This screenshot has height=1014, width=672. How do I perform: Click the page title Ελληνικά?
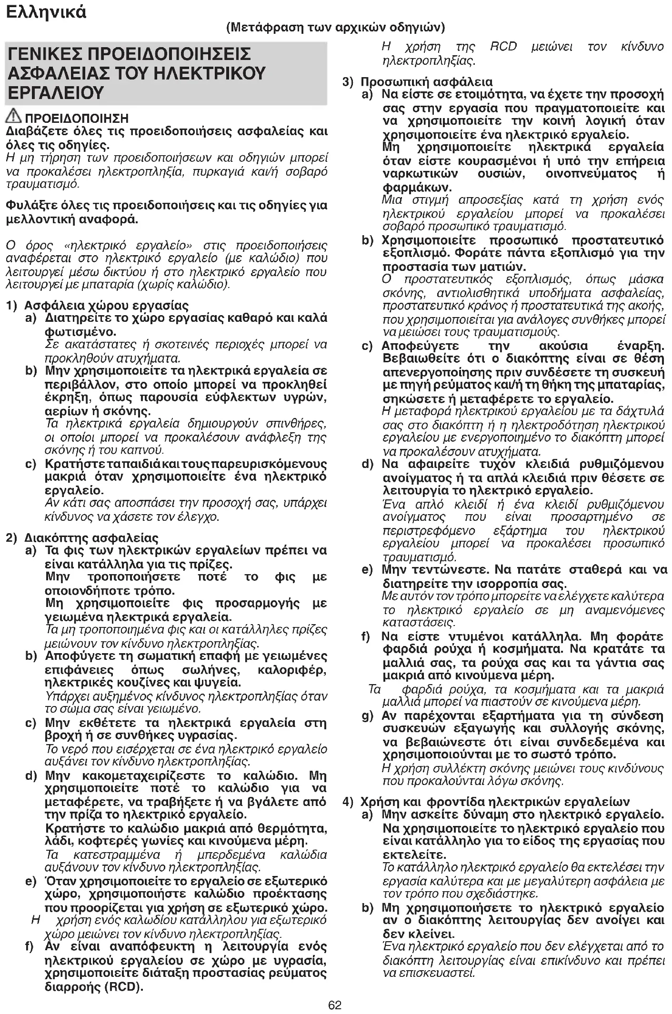coord(46,11)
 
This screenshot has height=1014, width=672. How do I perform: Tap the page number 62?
coord(335,1005)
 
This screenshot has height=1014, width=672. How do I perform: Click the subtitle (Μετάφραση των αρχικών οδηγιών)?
coord(336,27)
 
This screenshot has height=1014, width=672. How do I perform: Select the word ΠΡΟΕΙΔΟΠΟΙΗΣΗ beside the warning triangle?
coord(77,118)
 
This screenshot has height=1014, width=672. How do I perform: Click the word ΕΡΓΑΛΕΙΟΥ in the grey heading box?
coord(56,92)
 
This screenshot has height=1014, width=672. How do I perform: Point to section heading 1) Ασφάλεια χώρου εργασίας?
coord(97,305)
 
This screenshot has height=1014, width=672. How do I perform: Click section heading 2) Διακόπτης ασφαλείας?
coord(82,538)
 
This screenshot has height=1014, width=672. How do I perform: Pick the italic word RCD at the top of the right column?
coord(503,47)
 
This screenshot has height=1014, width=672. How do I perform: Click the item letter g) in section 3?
coord(367,716)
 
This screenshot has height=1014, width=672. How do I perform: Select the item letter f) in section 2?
coord(29,946)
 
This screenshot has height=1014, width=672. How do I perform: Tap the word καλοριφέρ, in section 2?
coord(291,670)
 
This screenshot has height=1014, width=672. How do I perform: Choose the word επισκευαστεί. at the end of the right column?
coord(429,973)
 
